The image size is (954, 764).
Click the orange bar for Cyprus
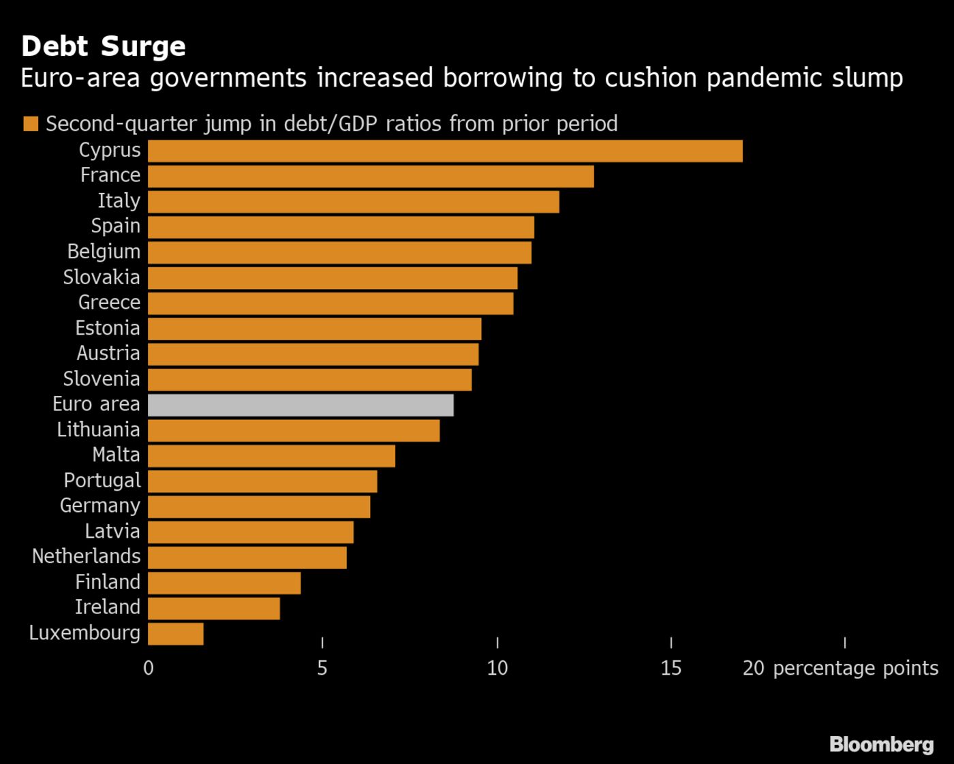445,151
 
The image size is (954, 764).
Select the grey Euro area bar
301,405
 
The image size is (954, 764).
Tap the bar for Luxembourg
175,633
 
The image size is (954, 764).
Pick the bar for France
371,177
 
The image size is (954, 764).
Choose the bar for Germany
259,506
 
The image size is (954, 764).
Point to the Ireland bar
213,608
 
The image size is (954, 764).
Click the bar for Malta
271,456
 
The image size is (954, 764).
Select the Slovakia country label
102,277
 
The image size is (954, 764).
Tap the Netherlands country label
86,556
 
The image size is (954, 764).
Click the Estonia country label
107,328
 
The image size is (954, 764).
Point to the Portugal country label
102,480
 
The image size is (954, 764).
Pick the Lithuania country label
98,429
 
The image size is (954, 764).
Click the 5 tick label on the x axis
322,668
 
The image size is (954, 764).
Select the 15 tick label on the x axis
671,668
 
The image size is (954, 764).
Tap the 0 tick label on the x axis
149,668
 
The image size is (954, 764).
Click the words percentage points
855,668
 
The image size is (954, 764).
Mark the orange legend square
30,124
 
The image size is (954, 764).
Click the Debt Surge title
104,46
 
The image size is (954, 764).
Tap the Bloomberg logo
881,744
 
